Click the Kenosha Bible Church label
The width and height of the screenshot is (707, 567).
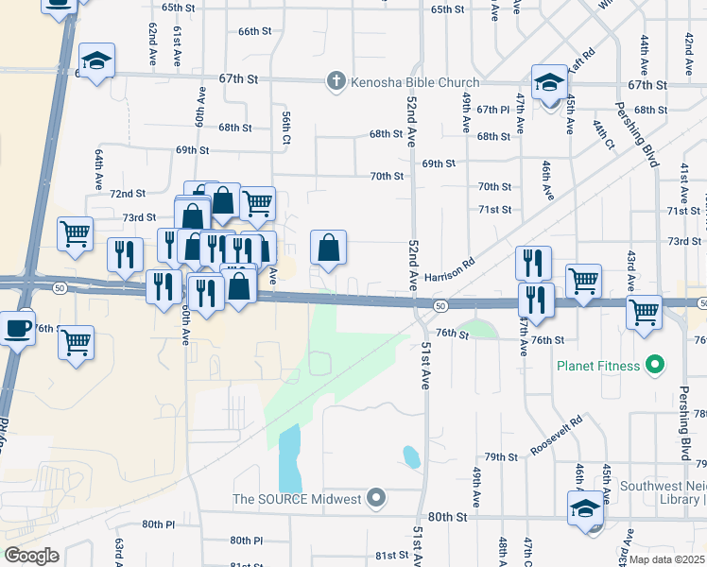tap(396, 81)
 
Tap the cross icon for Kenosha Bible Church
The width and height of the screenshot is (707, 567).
tap(335, 81)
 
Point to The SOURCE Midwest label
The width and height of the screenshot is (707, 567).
tap(298, 498)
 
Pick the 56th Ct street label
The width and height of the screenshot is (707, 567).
tap(285, 128)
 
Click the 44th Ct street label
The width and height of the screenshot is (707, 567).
tap(603, 134)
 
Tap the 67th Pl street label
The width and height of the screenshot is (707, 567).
tap(492, 111)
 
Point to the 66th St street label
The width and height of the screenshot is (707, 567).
tap(255, 31)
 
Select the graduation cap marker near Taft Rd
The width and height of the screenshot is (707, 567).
tap(549, 82)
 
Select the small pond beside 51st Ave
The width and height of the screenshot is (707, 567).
tap(411, 457)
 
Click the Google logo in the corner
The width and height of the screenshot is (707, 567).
tap(31, 556)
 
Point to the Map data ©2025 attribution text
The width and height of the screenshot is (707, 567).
tap(666, 559)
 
